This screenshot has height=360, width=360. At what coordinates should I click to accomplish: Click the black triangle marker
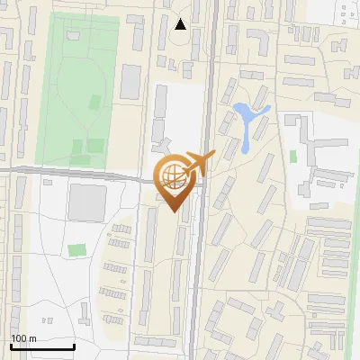[181, 24]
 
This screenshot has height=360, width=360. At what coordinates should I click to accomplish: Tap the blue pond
[246, 120]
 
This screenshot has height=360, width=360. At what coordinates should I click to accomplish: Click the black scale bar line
[42, 347]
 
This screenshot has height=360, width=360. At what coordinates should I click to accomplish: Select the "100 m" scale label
[23, 338]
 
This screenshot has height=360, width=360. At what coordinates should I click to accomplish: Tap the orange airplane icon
[198, 164]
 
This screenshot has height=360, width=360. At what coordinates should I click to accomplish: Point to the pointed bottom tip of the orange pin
[172, 211]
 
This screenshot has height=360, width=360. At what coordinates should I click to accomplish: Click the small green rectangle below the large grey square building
[78, 249]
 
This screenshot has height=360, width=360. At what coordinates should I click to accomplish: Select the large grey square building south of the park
[87, 202]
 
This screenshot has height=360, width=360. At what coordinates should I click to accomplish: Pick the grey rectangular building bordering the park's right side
[131, 82]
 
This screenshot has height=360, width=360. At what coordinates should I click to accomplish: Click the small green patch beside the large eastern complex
[293, 156]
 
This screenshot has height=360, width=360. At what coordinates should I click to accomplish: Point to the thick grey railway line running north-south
[205, 270]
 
